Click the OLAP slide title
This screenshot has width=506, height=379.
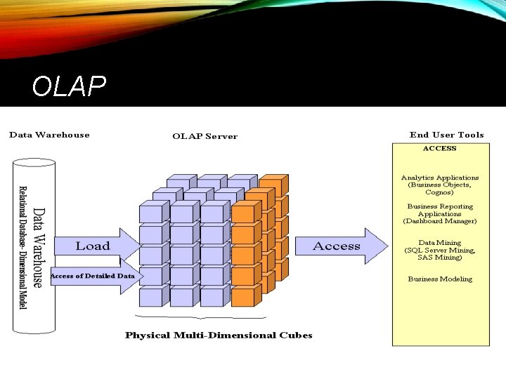click(69, 86)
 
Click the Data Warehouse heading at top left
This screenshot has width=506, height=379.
click(49, 135)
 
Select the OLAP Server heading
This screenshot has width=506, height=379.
click(205, 136)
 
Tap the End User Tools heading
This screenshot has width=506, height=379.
click(446, 135)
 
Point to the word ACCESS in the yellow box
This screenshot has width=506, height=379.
click(439, 149)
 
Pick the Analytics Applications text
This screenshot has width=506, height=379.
click(440, 178)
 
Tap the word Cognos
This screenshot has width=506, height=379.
click(440, 192)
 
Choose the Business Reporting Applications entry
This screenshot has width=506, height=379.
click(440, 210)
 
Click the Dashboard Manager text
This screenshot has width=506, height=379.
click(440, 221)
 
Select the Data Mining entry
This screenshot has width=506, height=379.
click(440, 243)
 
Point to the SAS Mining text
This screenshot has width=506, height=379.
click(440, 258)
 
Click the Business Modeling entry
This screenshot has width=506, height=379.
click(440, 279)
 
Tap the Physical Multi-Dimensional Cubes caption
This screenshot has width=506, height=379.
click(219, 335)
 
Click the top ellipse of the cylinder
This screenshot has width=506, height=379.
click(33, 164)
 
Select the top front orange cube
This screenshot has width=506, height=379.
click(243, 213)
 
